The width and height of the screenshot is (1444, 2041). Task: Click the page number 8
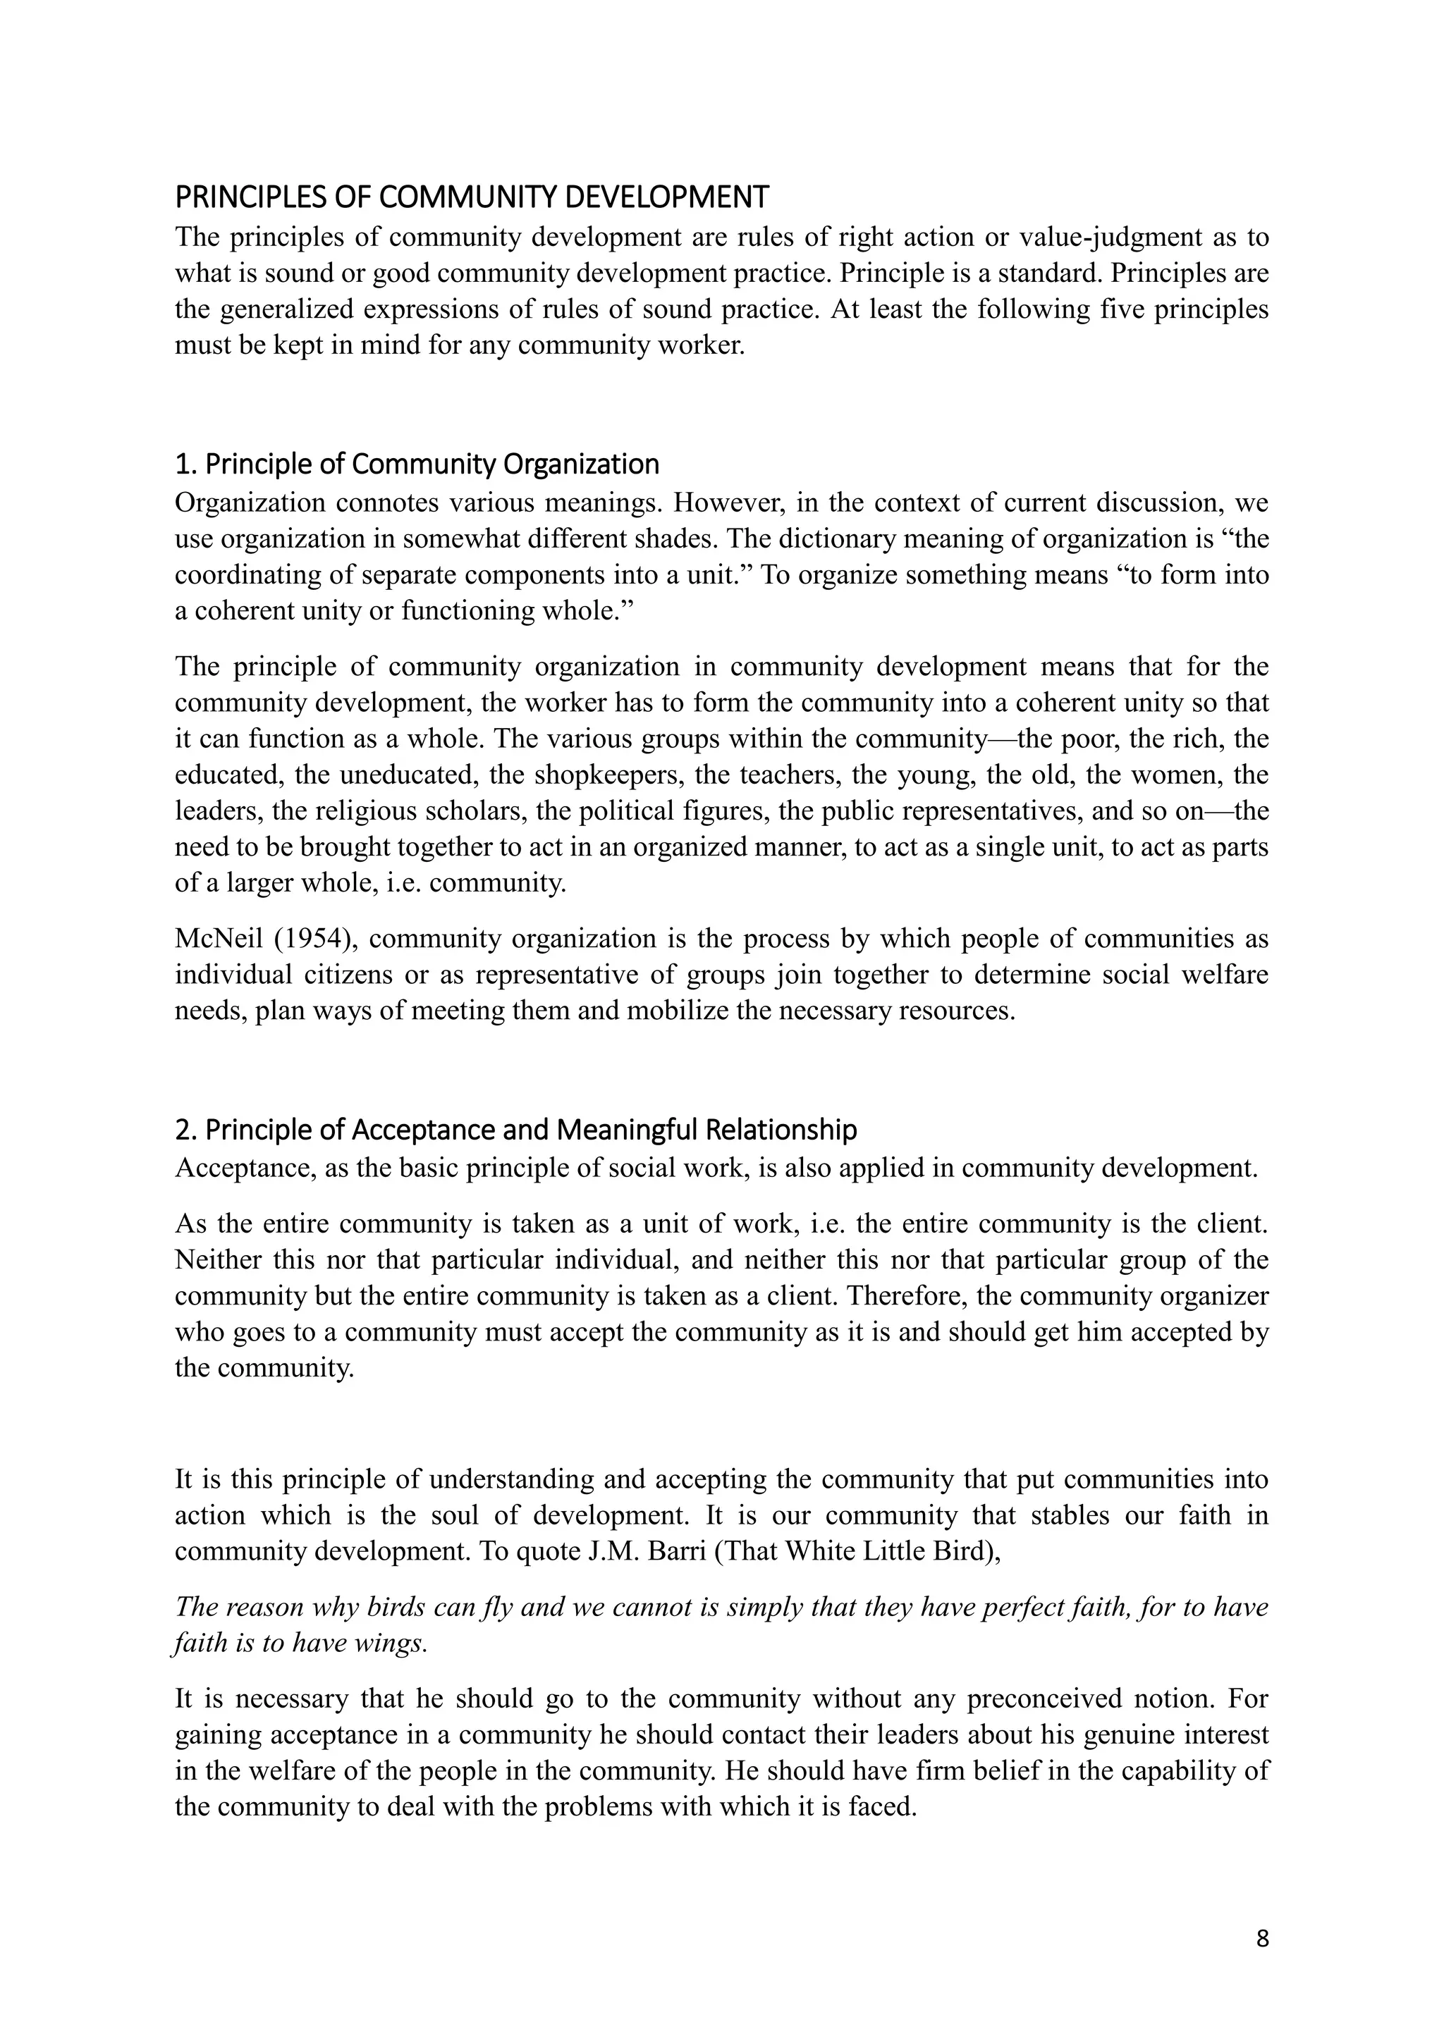[1261, 1938]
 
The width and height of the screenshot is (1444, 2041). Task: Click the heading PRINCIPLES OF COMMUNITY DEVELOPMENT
[471, 197]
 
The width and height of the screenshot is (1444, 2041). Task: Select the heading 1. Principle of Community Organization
[417, 464]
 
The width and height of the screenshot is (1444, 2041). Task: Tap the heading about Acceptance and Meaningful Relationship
[515, 1129]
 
